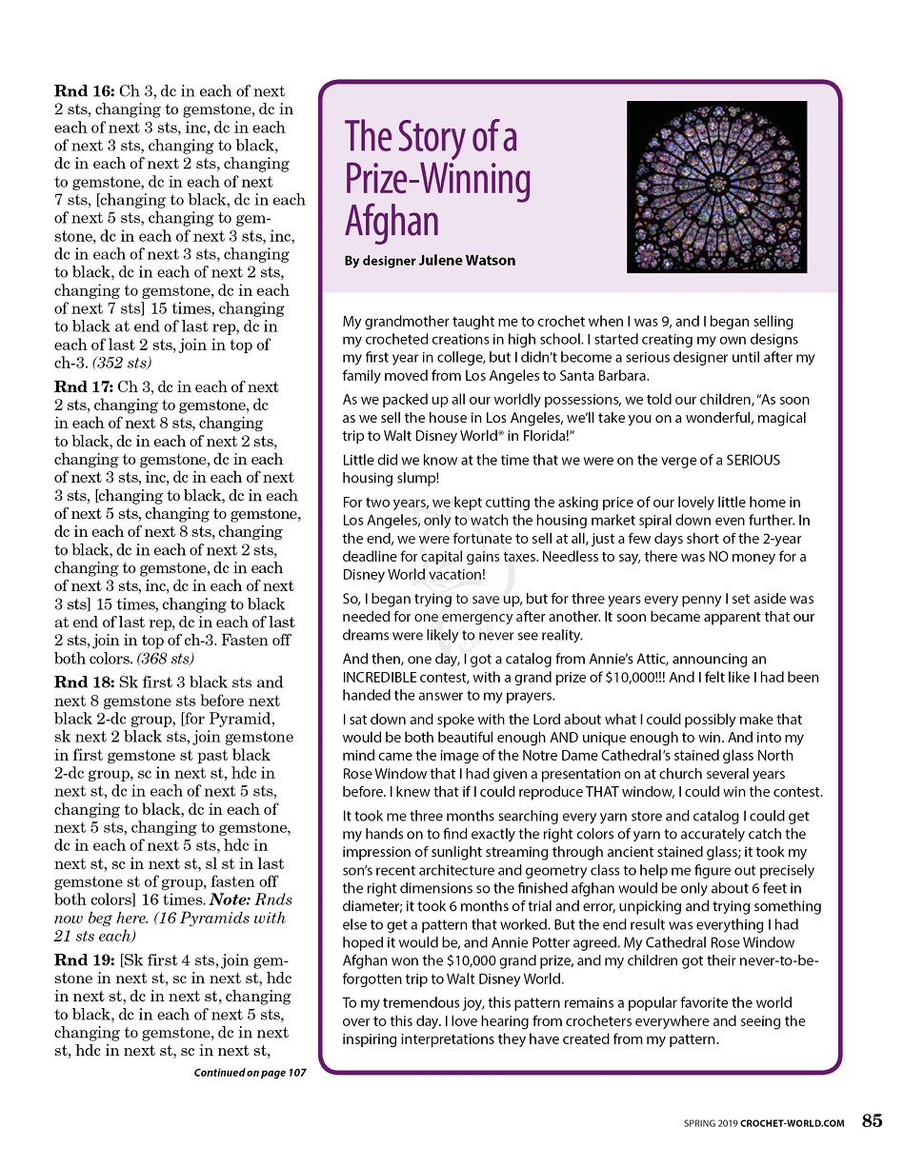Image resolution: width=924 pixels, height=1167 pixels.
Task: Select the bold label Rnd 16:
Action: coord(85,91)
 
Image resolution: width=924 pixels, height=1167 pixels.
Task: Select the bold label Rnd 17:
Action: coord(85,387)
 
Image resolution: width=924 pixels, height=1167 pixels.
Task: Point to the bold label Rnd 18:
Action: coord(85,682)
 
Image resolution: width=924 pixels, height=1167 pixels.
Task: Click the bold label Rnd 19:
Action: coord(85,959)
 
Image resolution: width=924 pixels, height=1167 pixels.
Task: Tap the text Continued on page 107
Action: coord(250,1073)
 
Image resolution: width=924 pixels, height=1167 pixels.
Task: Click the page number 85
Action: coord(872,1121)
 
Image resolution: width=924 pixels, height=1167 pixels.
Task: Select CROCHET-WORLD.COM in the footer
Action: coord(792,1123)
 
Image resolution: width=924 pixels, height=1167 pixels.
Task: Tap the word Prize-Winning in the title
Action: coord(437,179)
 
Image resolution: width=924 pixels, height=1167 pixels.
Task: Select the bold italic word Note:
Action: coord(232,900)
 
